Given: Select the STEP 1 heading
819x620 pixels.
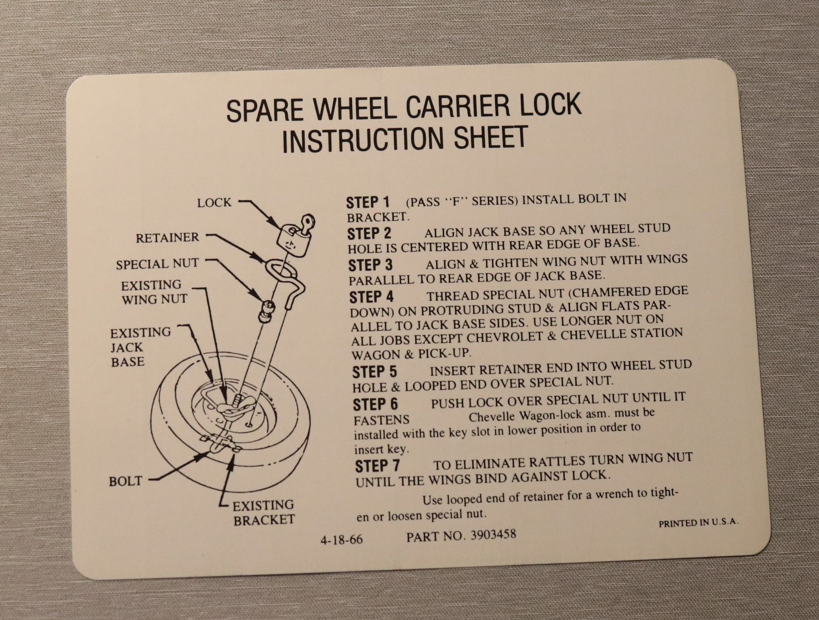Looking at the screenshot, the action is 368,202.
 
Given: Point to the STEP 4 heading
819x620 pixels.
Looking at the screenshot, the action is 371,297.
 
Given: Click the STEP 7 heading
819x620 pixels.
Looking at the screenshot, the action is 377,466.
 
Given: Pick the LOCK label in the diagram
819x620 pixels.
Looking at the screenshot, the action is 214,203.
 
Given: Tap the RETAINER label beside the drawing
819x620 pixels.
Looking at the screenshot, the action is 167,238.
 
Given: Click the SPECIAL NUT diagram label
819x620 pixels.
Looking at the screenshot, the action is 157,264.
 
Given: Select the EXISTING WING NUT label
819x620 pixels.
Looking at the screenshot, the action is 153,292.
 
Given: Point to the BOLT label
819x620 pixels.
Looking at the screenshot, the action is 125,481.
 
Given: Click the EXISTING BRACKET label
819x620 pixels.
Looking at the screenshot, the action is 264,512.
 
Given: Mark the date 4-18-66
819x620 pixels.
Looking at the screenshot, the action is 342,539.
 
